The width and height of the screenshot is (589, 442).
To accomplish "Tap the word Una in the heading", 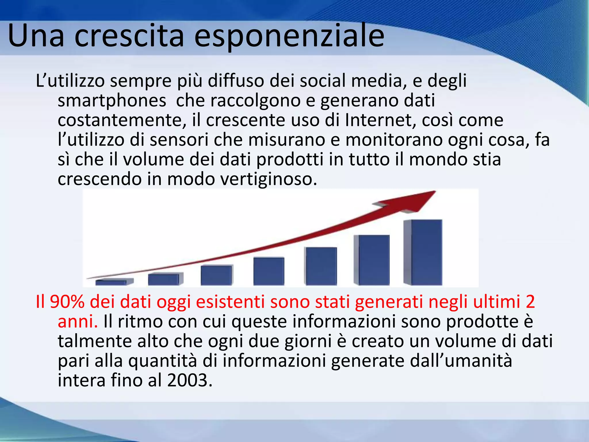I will pyautogui.click(x=36, y=36).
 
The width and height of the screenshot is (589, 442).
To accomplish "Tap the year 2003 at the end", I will pyautogui.click(x=187, y=380).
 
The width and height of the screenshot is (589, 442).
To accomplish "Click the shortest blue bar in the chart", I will pyautogui.click(x=111, y=282).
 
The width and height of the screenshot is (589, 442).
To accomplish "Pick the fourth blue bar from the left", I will pyautogui.click(x=269, y=271).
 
